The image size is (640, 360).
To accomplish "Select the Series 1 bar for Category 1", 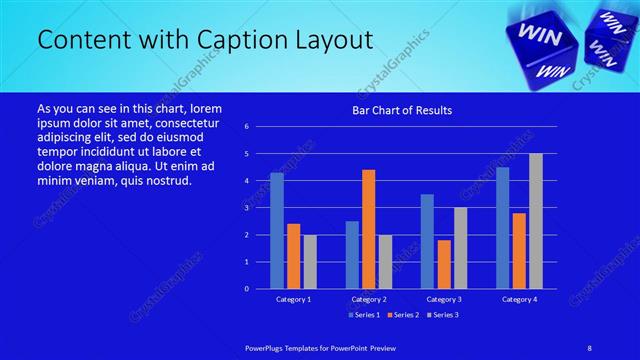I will (276, 230).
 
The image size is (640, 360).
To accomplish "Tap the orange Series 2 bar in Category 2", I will (368, 228).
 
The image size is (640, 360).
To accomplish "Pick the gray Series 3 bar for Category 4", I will (535, 220).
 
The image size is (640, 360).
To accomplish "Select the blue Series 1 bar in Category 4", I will (502, 227).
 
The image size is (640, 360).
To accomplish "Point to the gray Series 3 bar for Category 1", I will (310, 261).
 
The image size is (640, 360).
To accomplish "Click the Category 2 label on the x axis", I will (368, 299).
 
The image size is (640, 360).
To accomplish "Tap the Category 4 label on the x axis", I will (518, 299).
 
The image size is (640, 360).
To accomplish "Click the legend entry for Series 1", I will (364, 315).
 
